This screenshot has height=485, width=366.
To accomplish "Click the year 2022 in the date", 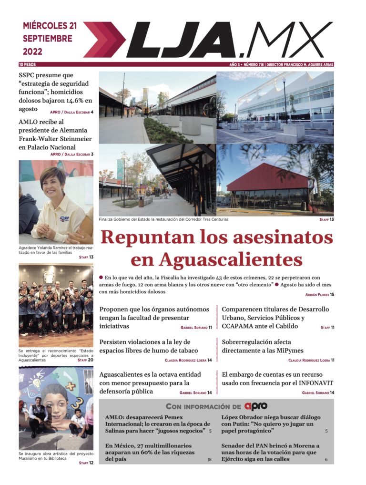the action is click(32, 52).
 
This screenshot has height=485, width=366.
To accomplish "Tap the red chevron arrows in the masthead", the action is click(104, 40).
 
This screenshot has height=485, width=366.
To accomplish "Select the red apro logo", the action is click(256, 406).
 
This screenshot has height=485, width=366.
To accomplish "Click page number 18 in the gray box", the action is click(209, 459).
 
